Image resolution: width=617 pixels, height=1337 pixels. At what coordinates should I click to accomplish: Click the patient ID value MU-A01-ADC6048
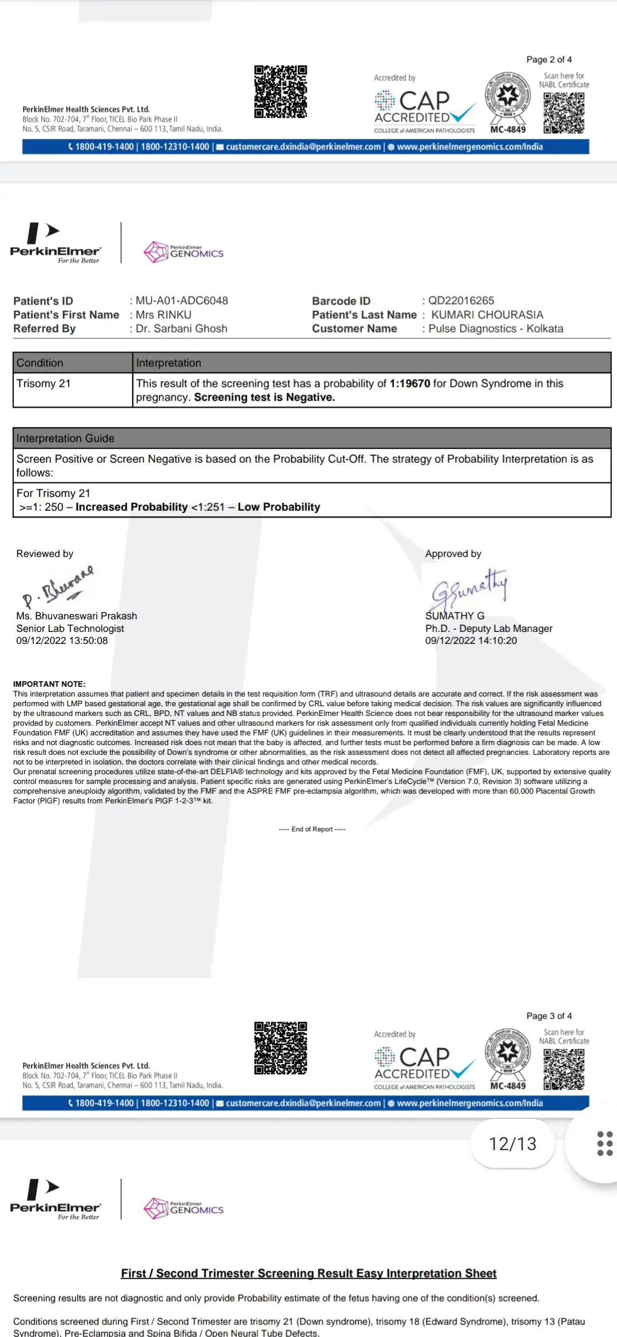pos(182,301)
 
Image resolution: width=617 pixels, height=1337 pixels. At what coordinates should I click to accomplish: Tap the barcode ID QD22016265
pos(461,301)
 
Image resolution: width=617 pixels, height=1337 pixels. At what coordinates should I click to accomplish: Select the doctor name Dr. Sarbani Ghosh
pos(181,329)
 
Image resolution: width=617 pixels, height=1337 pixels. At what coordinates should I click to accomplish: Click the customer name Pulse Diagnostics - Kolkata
pos(495,329)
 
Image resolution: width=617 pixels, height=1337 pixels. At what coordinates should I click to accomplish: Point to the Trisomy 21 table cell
pos(43,383)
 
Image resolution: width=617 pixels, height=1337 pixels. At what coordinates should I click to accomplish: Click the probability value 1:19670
pos(410,383)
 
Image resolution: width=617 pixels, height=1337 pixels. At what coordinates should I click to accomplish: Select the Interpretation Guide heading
pos(65,438)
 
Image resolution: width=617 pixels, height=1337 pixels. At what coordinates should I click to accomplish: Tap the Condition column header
pos(40,363)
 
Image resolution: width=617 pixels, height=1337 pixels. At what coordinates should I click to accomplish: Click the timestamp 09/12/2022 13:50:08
pos(62,641)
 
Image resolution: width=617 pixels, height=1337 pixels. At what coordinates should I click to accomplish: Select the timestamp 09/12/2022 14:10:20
pos(471,641)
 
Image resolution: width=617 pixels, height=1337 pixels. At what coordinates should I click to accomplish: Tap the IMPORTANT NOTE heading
pos(49,684)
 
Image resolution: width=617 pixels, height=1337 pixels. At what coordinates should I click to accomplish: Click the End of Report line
pos(312,829)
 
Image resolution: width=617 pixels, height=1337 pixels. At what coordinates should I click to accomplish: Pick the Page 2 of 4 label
pos(548,59)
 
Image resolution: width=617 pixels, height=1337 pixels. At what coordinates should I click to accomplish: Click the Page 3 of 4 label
pos(548,1016)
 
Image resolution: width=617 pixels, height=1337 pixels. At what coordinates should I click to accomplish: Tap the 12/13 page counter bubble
pos(512,1143)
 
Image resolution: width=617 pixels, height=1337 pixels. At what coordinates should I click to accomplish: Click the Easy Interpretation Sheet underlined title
pos(308,1274)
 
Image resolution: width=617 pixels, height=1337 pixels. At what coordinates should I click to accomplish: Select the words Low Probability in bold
pos(279,507)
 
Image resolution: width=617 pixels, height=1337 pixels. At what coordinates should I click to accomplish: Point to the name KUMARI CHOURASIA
pos(487,315)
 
